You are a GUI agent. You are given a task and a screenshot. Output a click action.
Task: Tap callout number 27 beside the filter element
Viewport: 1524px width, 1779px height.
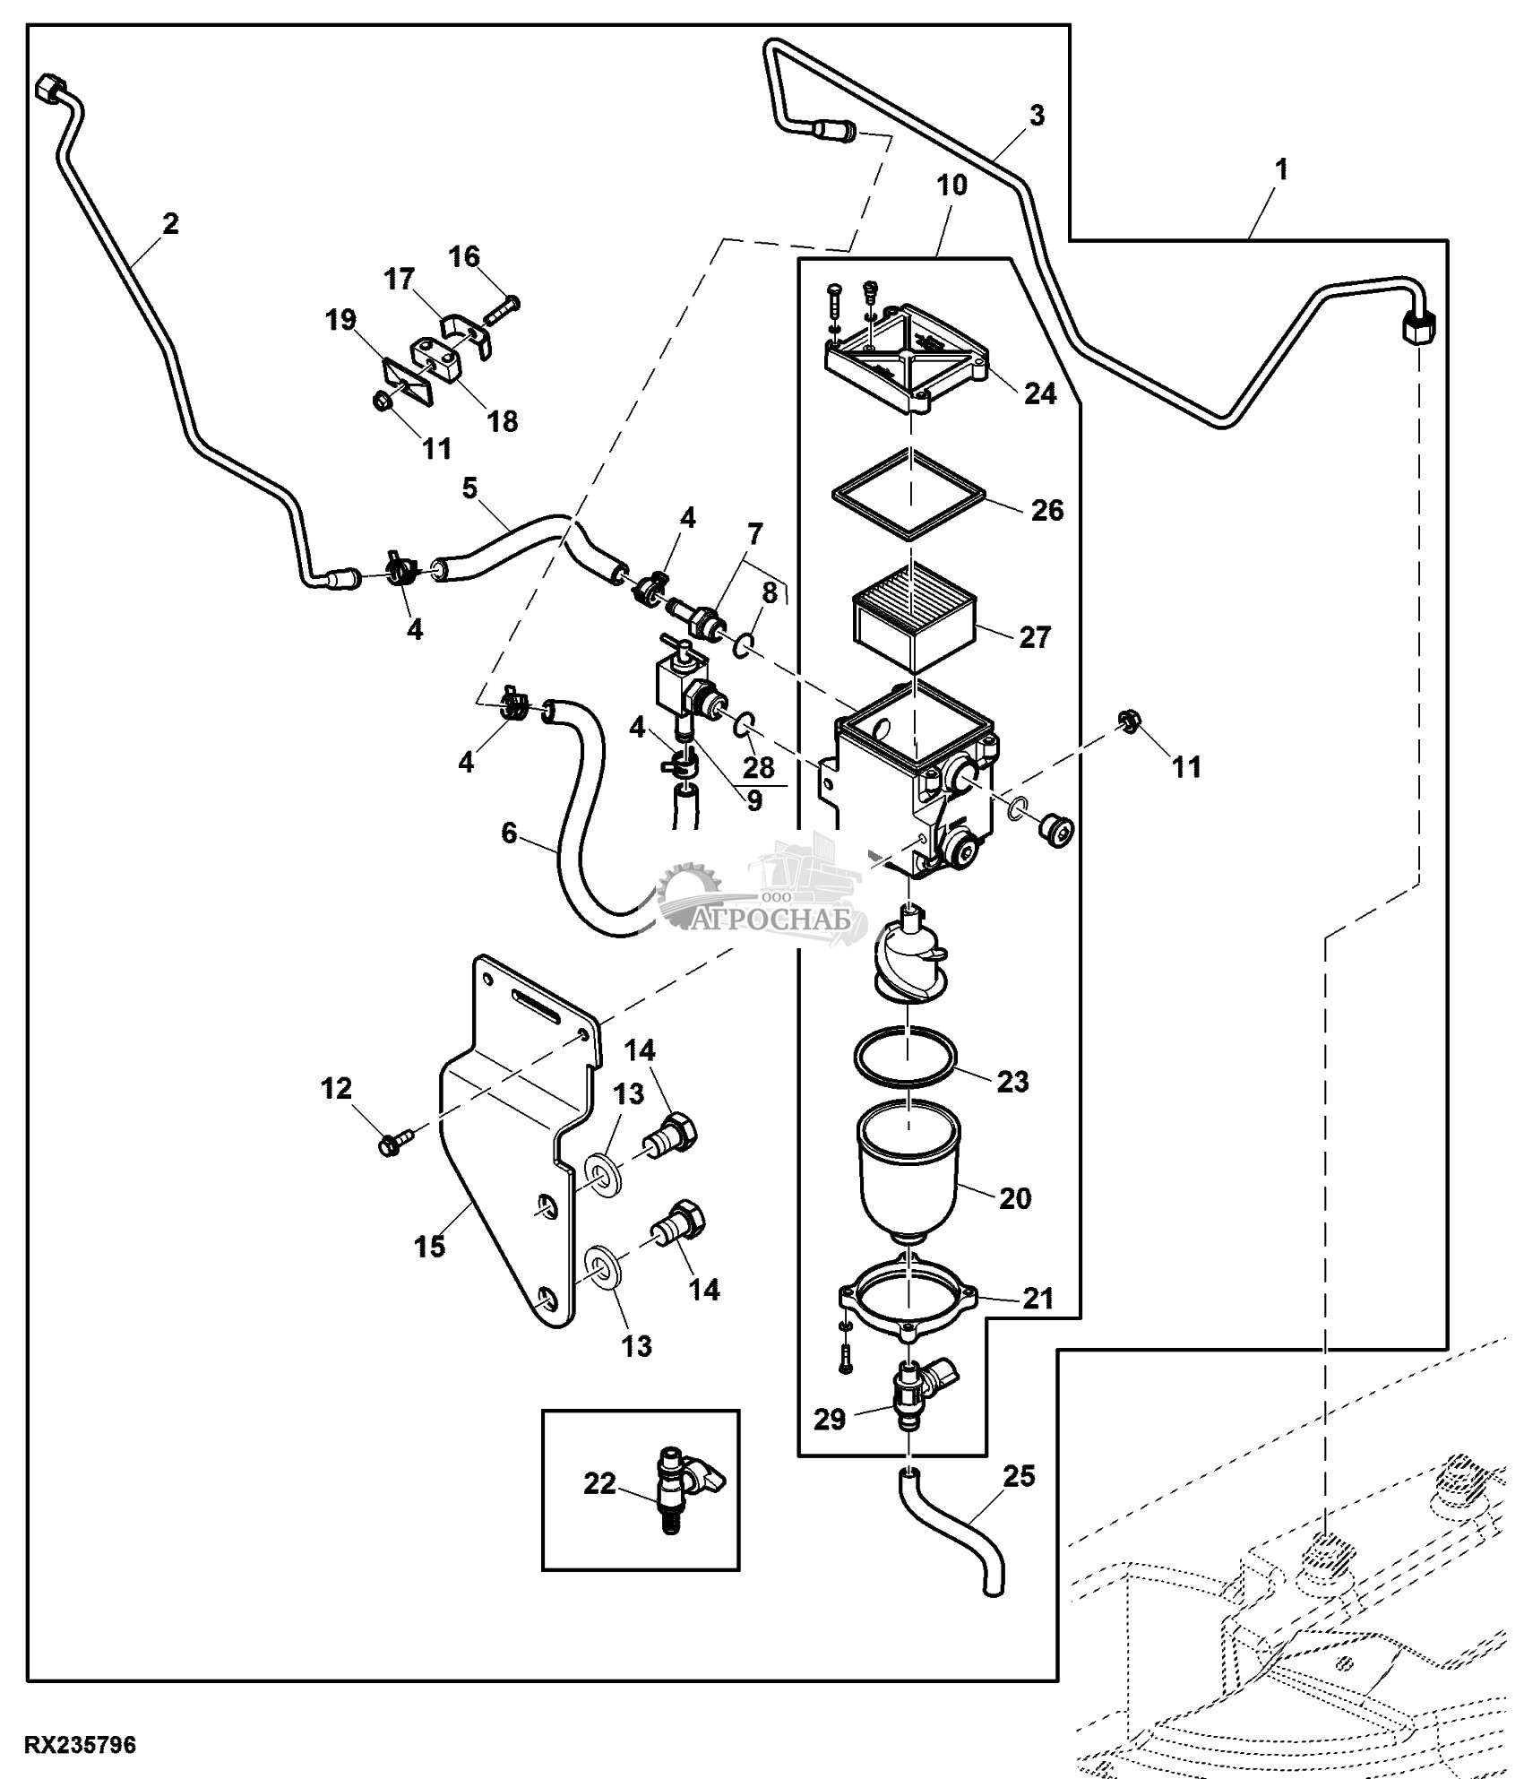tap(1034, 637)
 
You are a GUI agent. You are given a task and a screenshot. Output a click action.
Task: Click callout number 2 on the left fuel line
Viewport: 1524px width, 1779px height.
tap(170, 222)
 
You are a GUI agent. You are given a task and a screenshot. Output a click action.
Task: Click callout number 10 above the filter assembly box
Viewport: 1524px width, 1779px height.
tap(951, 186)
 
